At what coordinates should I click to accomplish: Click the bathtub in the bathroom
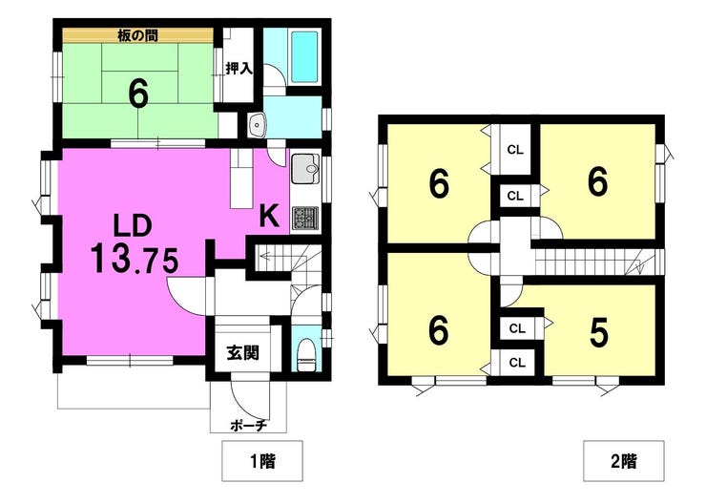(304, 56)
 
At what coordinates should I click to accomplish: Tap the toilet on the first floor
(306, 354)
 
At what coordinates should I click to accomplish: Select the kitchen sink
(305, 168)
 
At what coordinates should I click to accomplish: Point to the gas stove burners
(305, 218)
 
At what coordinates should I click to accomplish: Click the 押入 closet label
(239, 69)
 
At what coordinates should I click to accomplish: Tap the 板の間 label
(137, 35)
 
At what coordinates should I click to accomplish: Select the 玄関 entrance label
(242, 352)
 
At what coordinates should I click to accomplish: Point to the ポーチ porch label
(249, 425)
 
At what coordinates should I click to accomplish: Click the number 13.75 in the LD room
(135, 259)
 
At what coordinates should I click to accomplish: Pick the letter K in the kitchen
(269, 216)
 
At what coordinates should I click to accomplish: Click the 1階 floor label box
(262, 461)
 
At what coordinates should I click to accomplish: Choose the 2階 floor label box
(624, 461)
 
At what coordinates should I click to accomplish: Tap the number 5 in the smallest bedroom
(599, 333)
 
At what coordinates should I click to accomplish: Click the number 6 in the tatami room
(138, 94)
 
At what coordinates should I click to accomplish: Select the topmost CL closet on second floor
(515, 150)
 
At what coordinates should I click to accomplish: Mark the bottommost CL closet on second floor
(517, 362)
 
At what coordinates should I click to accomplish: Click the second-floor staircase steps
(594, 262)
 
